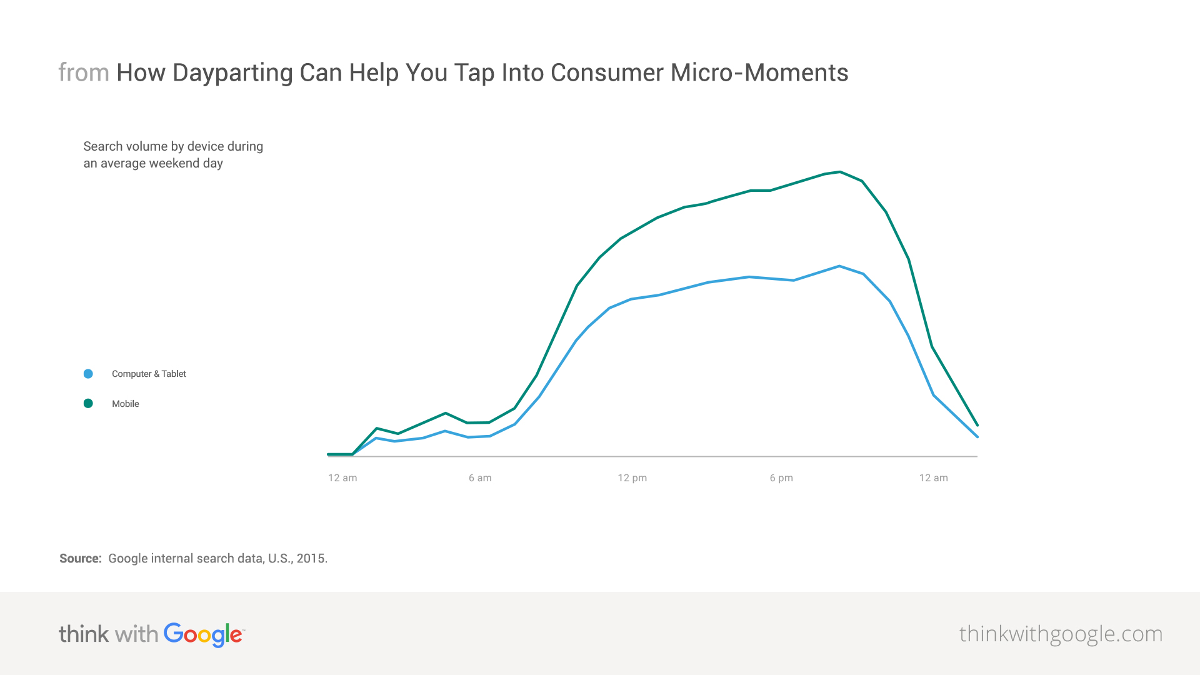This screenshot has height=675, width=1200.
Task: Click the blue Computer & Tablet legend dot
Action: tap(88, 374)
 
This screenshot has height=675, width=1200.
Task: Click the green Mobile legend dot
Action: tap(88, 404)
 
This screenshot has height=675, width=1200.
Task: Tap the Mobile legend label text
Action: tap(126, 404)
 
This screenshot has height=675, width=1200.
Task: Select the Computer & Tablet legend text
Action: tap(149, 374)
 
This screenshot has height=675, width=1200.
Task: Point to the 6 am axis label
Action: tap(480, 478)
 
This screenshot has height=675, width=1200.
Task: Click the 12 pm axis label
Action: tap(632, 478)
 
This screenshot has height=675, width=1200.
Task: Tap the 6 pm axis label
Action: tap(781, 478)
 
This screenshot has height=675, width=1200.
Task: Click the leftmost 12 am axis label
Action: tap(342, 478)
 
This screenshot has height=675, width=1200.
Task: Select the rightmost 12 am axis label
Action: tap(933, 478)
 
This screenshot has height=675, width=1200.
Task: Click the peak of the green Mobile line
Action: tap(840, 172)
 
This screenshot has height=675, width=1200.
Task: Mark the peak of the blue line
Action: tap(839, 266)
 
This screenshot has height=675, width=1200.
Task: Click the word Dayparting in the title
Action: tap(232, 73)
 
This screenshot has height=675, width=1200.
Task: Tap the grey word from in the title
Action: tap(84, 73)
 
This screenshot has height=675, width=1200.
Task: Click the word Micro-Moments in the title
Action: tap(759, 72)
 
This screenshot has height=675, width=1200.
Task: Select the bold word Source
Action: tap(81, 559)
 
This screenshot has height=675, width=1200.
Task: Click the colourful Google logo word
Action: tap(204, 635)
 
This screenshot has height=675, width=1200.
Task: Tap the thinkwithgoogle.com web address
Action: tap(1061, 634)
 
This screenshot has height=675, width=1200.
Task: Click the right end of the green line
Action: tap(977, 425)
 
